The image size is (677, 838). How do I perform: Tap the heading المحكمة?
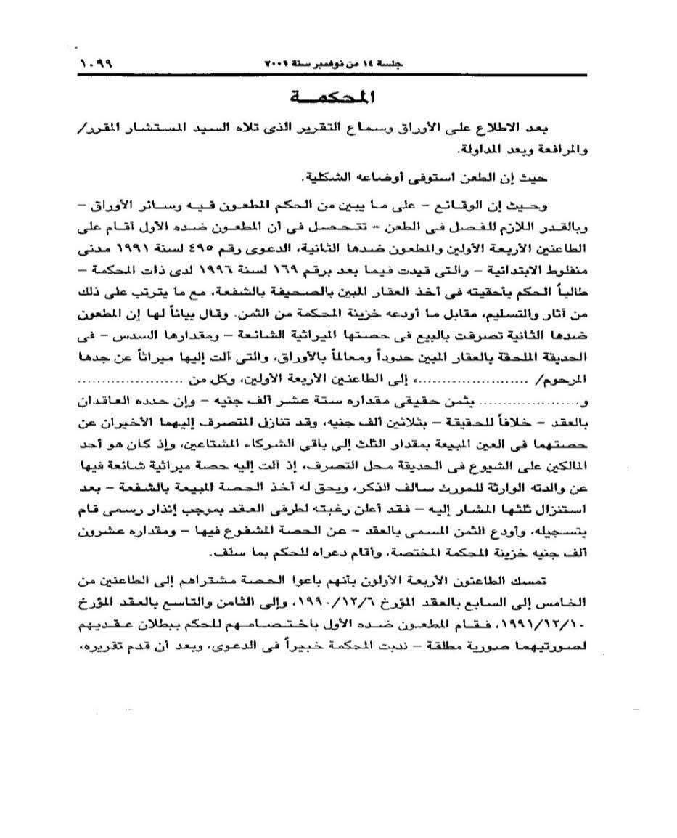[336, 97]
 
